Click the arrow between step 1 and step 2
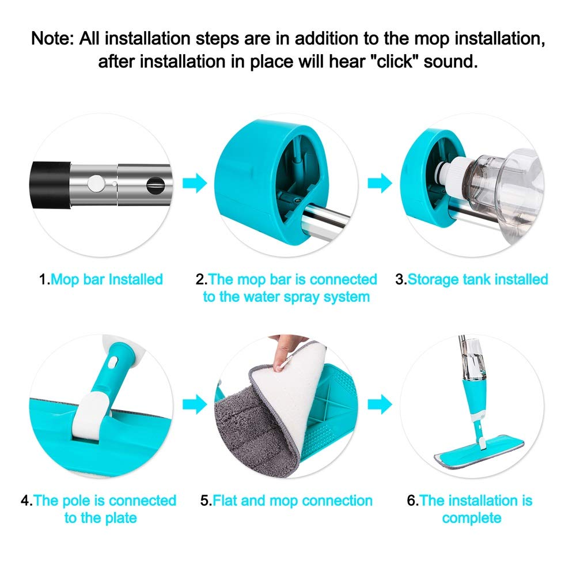pos(195,184)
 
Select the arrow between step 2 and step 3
pos(381,184)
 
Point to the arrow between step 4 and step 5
pos(195,404)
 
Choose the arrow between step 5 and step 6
pos(381,404)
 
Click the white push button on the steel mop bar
pos(94,184)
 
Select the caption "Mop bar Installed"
pos(107,280)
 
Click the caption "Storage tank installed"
pos(478,280)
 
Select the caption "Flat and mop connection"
pos(293,501)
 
